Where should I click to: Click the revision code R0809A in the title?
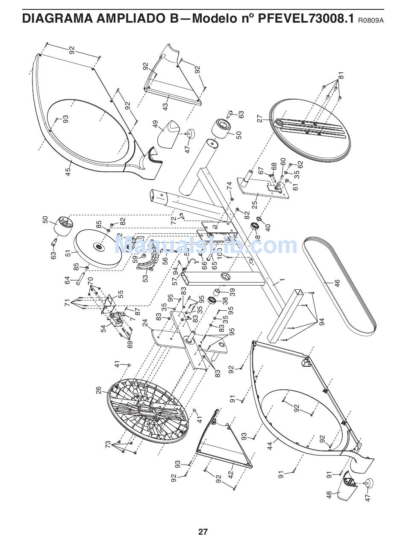coord(371,20)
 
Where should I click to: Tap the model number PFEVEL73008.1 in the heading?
coord(306,18)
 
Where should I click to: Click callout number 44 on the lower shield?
coord(270,446)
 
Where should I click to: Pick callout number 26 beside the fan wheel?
coord(99,390)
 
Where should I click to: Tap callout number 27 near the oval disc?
coord(259,118)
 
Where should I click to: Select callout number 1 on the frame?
coord(282,281)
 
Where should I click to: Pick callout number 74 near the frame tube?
coord(229,186)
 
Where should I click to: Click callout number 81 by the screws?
coord(341,76)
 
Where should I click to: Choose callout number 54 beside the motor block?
coord(103,329)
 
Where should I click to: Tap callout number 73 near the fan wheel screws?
coord(108,444)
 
